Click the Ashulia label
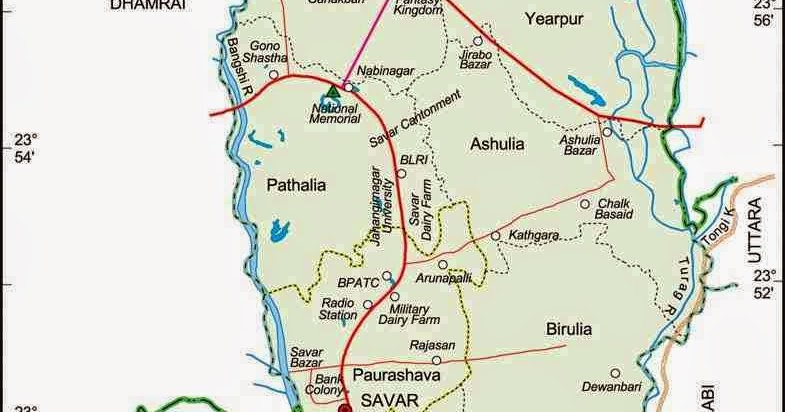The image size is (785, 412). click(496, 145)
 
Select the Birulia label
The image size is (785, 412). click(569, 328)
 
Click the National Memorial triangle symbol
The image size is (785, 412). click(333, 92)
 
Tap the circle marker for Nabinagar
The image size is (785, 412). click(349, 87)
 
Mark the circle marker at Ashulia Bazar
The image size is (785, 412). click(607, 131)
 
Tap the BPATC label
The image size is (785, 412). click(357, 283)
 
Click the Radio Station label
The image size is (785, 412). click(339, 308)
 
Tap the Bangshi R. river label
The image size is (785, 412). click(238, 66)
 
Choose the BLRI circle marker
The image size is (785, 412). click(401, 173)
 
